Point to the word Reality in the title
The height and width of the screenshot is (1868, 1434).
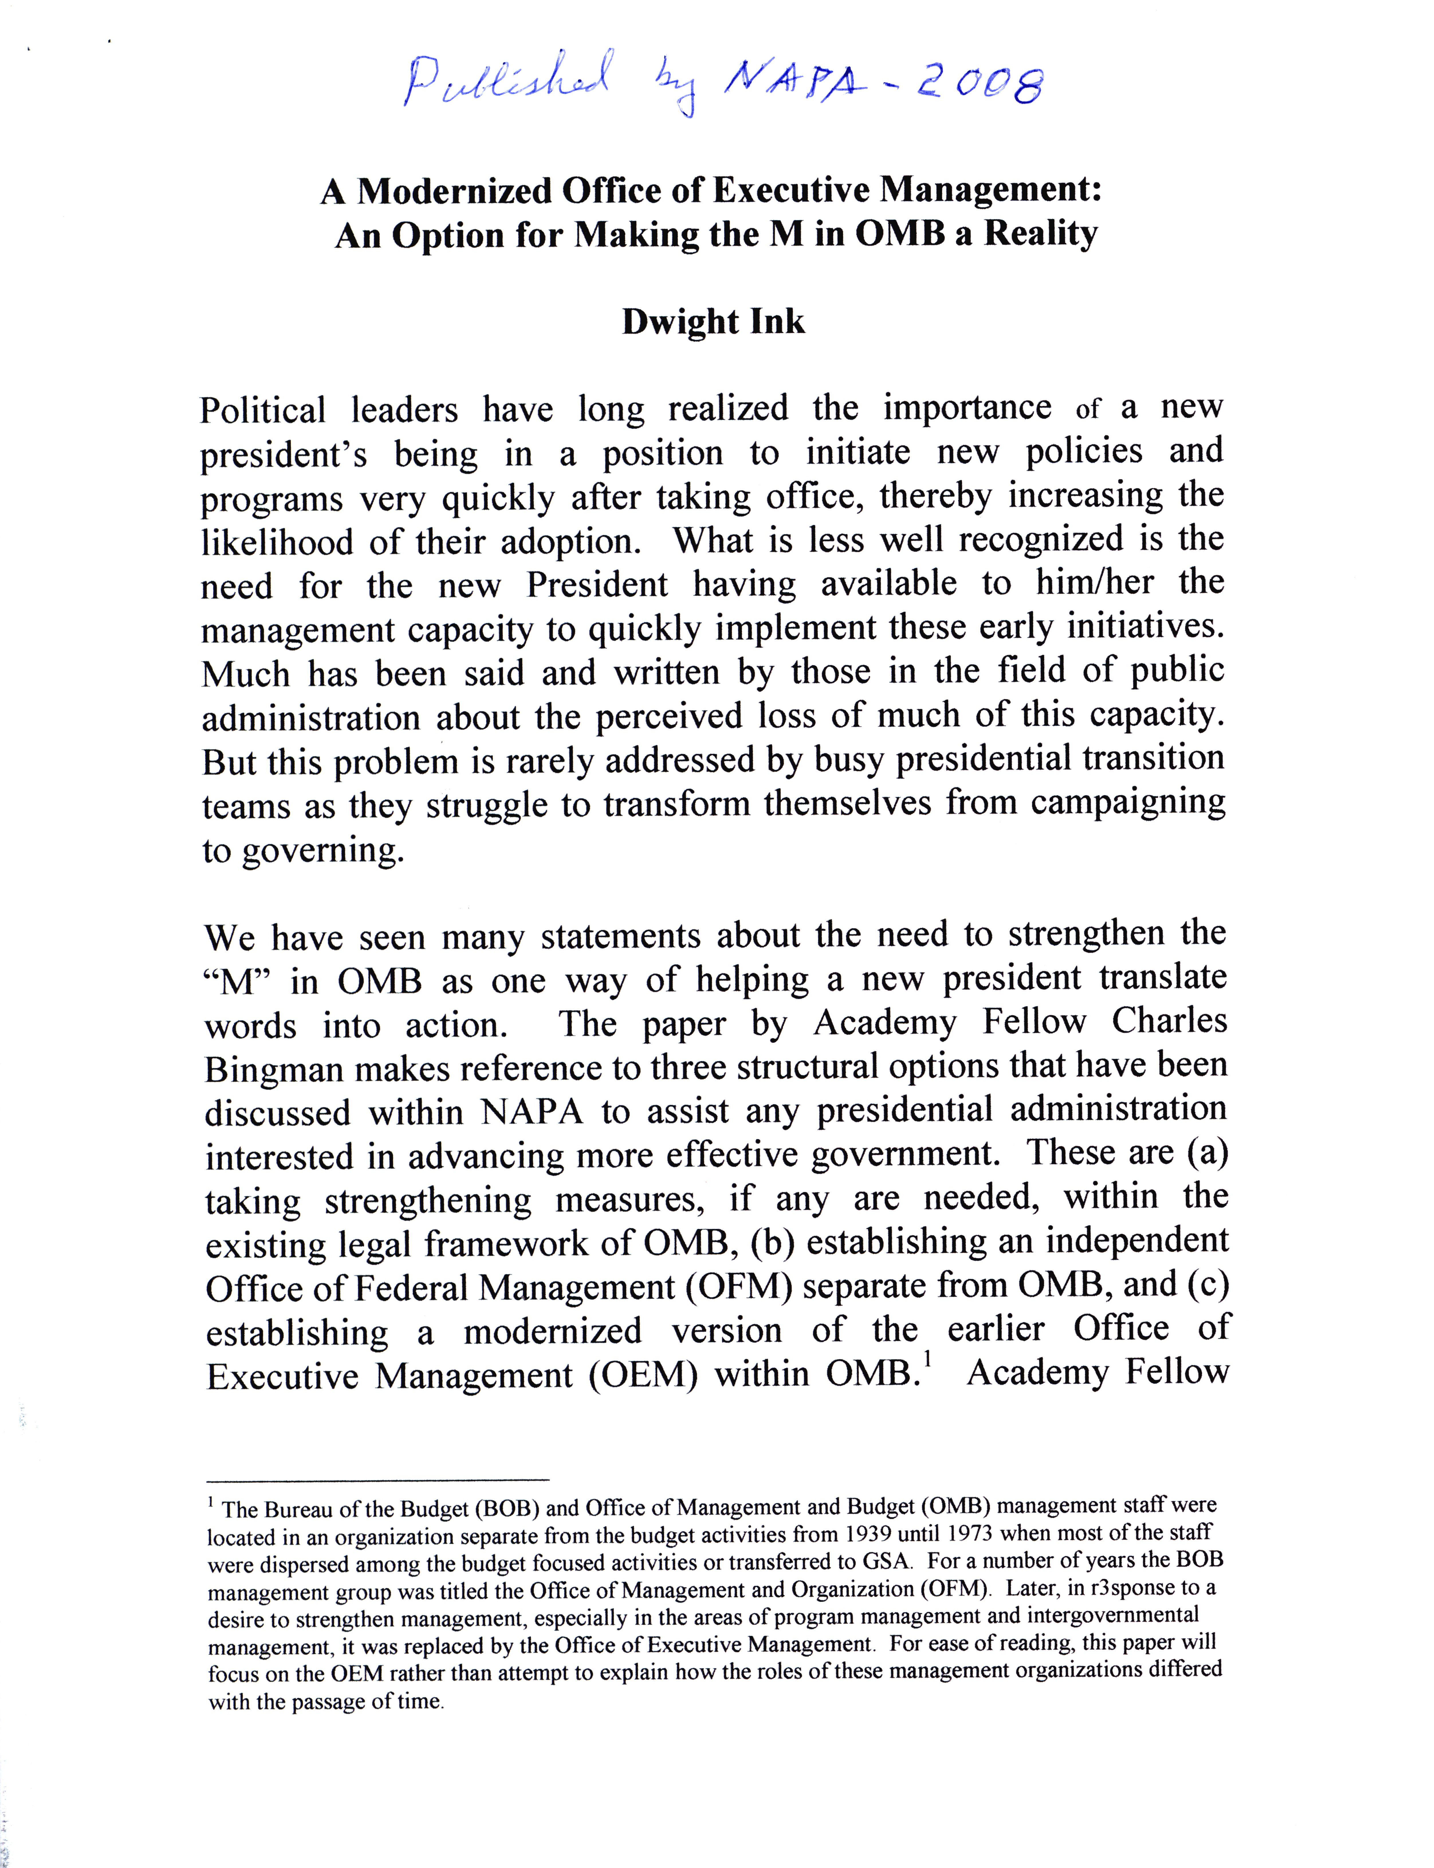[1040, 234]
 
